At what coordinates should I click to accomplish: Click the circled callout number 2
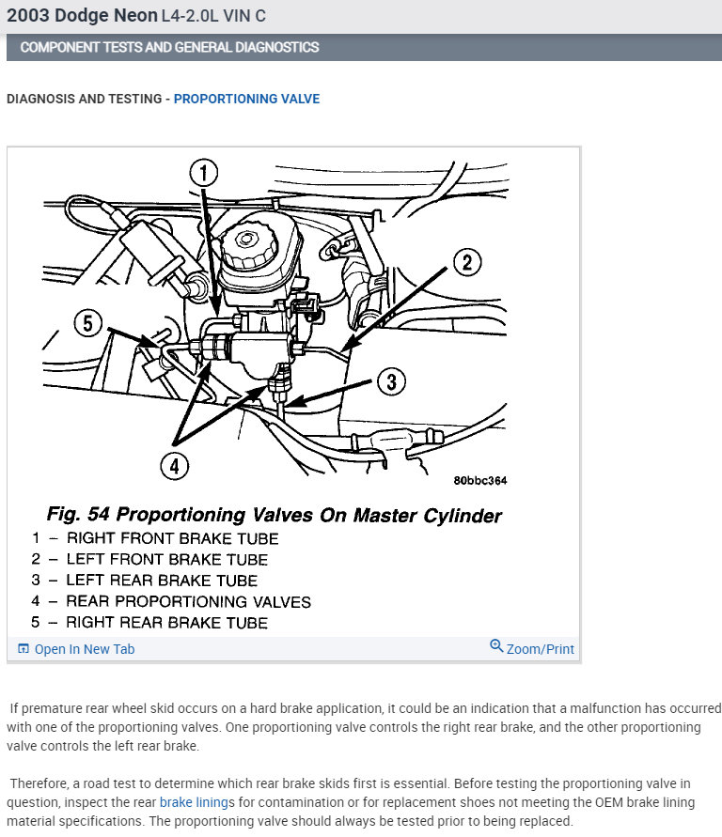tap(467, 262)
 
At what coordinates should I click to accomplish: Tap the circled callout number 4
tap(176, 464)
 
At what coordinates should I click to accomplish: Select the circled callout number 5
tap(87, 324)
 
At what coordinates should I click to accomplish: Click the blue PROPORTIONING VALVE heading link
tap(246, 99)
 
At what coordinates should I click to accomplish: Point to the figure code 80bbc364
tap(479, 481)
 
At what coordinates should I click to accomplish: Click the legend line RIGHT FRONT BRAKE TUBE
tap(172, 538)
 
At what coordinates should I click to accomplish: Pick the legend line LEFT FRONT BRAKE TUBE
tap(166, 559)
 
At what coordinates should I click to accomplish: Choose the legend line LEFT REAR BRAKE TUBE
tap(161, 581)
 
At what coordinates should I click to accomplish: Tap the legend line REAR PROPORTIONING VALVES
tap(188, 601)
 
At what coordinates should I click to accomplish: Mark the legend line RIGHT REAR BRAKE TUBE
tap(166, 623)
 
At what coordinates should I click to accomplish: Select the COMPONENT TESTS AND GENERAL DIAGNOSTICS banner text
tap(169, 47)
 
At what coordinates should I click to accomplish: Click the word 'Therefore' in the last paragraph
tap(39, 783)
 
